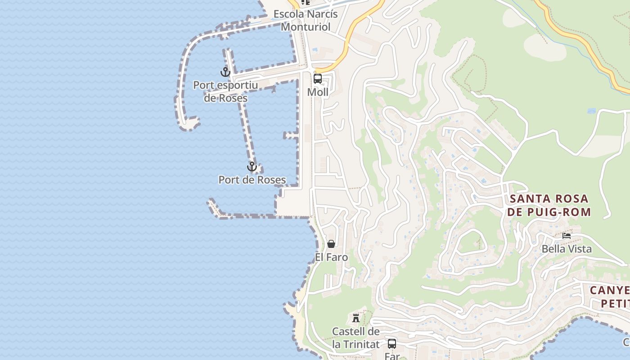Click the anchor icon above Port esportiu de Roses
coord(225,72)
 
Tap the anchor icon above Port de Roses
coord(252,167)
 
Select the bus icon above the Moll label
coord(318,79)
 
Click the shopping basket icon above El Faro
coord(331,244)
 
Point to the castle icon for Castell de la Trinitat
coord(356,318)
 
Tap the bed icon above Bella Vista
coord(567,235)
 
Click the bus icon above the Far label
coord(392,344)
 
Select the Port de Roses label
coord(252,180)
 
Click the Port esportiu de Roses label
coord(225,91)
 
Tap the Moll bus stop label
coord(318,92)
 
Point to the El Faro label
coord(331,257)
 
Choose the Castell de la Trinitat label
coord(356,338)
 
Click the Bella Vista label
coord(567,249)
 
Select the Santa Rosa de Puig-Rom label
coord(549,205)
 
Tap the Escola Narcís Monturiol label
coord(306,20)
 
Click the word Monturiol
coord(306,27)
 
